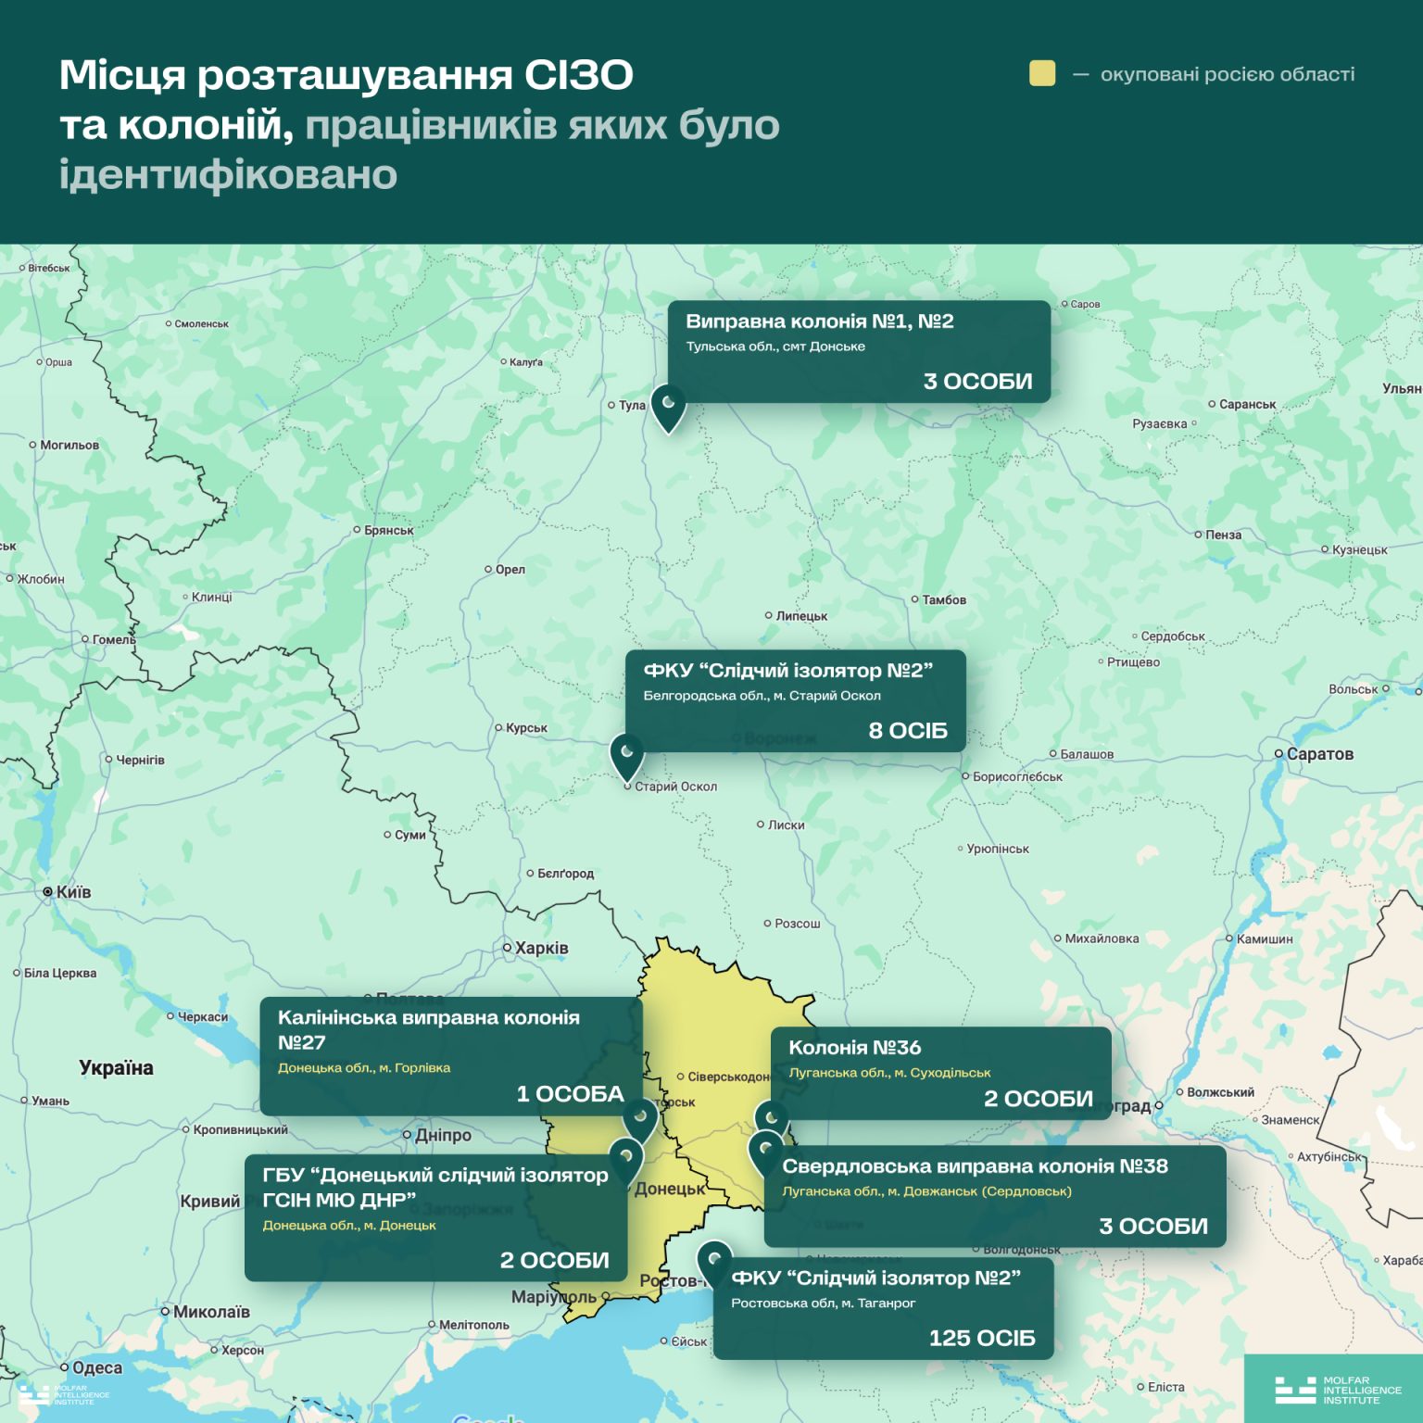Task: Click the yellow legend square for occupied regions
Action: [x=1042, y=74]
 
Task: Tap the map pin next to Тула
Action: [x=668, y=406]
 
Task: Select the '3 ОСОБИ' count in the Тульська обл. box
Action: [x=977, y=382]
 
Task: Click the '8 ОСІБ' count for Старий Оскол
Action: [x=908, y=731]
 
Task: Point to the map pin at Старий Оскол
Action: [x=627, y=754]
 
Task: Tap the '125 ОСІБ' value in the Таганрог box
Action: [x=982, y=1339]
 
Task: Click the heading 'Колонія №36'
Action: [x=854, y=1048]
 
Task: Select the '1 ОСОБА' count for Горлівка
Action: [x=570, y=1094]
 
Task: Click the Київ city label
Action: [x=72, y=892]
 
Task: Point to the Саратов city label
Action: [x=1319, y=754]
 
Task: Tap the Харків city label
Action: [x=541, y=948]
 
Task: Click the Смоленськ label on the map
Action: [x=201, y=324]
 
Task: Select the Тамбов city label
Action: [x=943, y=600]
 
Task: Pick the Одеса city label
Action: [x=96, y=1368]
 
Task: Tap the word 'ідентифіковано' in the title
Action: [x=228, y=174]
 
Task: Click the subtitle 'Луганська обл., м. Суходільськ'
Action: [x=889, y=1073]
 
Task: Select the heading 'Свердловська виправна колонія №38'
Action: [x=975, y=1166]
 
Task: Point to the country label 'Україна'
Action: [x=116, y=1068]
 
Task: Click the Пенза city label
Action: [x=1223, y=535]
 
